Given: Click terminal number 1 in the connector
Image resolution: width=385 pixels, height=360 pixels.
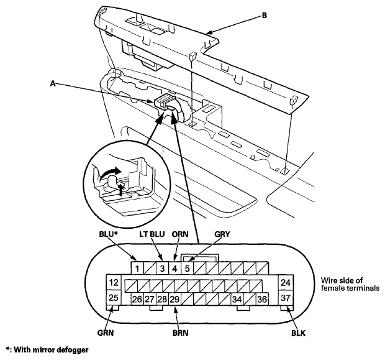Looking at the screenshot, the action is coord(137,268).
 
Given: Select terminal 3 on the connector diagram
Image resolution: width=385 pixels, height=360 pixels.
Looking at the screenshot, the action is coord(162,268).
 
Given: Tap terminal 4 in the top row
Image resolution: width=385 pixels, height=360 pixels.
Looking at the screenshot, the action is coord(175,268).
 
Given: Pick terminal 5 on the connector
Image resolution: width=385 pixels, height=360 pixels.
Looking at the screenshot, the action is coord(188,268).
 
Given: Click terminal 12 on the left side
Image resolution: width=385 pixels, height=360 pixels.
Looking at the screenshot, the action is coord(114,282).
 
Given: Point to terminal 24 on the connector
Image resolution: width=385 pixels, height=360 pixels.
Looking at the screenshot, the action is coord(286,282).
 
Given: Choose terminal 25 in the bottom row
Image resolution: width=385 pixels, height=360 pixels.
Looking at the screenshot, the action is coord(114,298).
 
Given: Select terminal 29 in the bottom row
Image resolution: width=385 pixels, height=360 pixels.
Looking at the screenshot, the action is coord(175,299).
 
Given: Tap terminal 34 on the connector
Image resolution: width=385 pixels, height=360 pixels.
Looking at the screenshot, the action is coord(237,299).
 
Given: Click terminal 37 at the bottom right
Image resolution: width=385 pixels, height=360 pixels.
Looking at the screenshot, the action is coord(286,298).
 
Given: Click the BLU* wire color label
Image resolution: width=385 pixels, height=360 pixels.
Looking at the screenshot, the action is coord(109,234).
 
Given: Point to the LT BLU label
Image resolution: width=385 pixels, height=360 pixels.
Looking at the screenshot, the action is coord(152,234).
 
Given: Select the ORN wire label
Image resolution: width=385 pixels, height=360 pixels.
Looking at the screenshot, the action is coord(180,234).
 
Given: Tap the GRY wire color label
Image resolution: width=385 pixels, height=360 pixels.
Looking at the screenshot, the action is coord(222,234).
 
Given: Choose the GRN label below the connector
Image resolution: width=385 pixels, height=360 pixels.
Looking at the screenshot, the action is coord(106,333).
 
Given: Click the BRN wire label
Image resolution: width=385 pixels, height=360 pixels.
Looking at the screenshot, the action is coord(181,333).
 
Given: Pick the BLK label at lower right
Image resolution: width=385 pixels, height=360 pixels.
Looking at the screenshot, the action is coord(298,333).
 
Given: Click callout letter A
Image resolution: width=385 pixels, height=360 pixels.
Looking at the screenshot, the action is coord(53,83).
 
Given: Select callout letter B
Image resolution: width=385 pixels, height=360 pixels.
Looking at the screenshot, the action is coord(264,16).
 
